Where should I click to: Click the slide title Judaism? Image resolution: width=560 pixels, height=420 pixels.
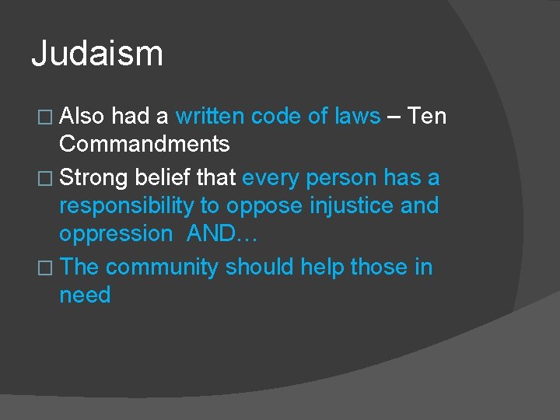pos(97,54)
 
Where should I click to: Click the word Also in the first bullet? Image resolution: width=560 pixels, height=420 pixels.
pos(82,117)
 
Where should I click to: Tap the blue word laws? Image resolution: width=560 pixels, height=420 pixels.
pos(357,117)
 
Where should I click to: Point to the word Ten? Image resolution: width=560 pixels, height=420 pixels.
pos(427,117)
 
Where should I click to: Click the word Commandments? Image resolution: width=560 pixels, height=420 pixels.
pos(144,144)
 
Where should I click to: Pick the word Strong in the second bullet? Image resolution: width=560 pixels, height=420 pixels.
pos(93,178)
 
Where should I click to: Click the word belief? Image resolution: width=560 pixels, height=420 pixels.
pos(162,178)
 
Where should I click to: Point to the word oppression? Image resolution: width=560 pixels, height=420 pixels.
pos(116,233)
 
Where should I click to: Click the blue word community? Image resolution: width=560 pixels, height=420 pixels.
pos(163,268)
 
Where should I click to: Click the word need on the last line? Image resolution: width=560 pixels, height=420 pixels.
pos(85,296)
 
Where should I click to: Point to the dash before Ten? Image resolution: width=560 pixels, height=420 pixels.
pos(394,117)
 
